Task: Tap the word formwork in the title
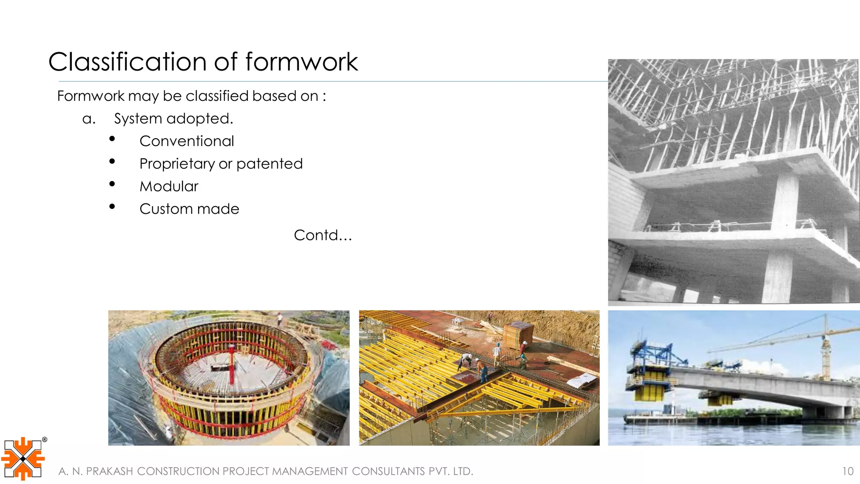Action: point(301,62)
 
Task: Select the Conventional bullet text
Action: point(186,141)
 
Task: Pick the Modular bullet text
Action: point(168,187)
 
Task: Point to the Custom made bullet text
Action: point(189,209)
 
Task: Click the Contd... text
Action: point(322,235)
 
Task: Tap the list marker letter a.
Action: point(89,119)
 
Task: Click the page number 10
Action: point(847,471)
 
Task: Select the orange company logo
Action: point(23,459)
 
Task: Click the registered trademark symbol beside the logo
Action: point(45,439)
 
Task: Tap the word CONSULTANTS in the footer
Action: point(388,471)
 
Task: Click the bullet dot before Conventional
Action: point(112,139)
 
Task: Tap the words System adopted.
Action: point(173,119)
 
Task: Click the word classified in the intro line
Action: point(217,96)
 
